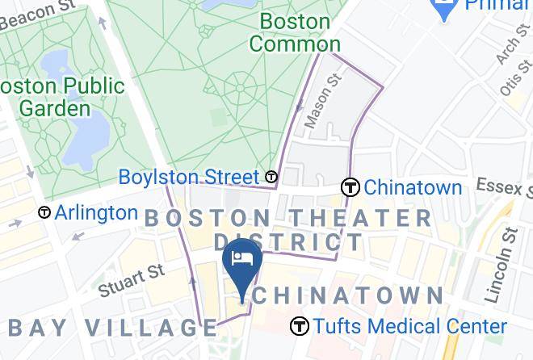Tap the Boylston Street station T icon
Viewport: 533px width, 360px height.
point(272,177)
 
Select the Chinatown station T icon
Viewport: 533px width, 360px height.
point(350,187)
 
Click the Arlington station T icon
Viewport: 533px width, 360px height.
point(44,213)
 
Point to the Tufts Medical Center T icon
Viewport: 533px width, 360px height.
point(300,326)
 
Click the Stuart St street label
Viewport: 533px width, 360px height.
point(131,278)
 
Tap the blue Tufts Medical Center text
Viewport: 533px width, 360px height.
point(410,326)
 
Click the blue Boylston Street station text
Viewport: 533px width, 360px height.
point(189,177)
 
